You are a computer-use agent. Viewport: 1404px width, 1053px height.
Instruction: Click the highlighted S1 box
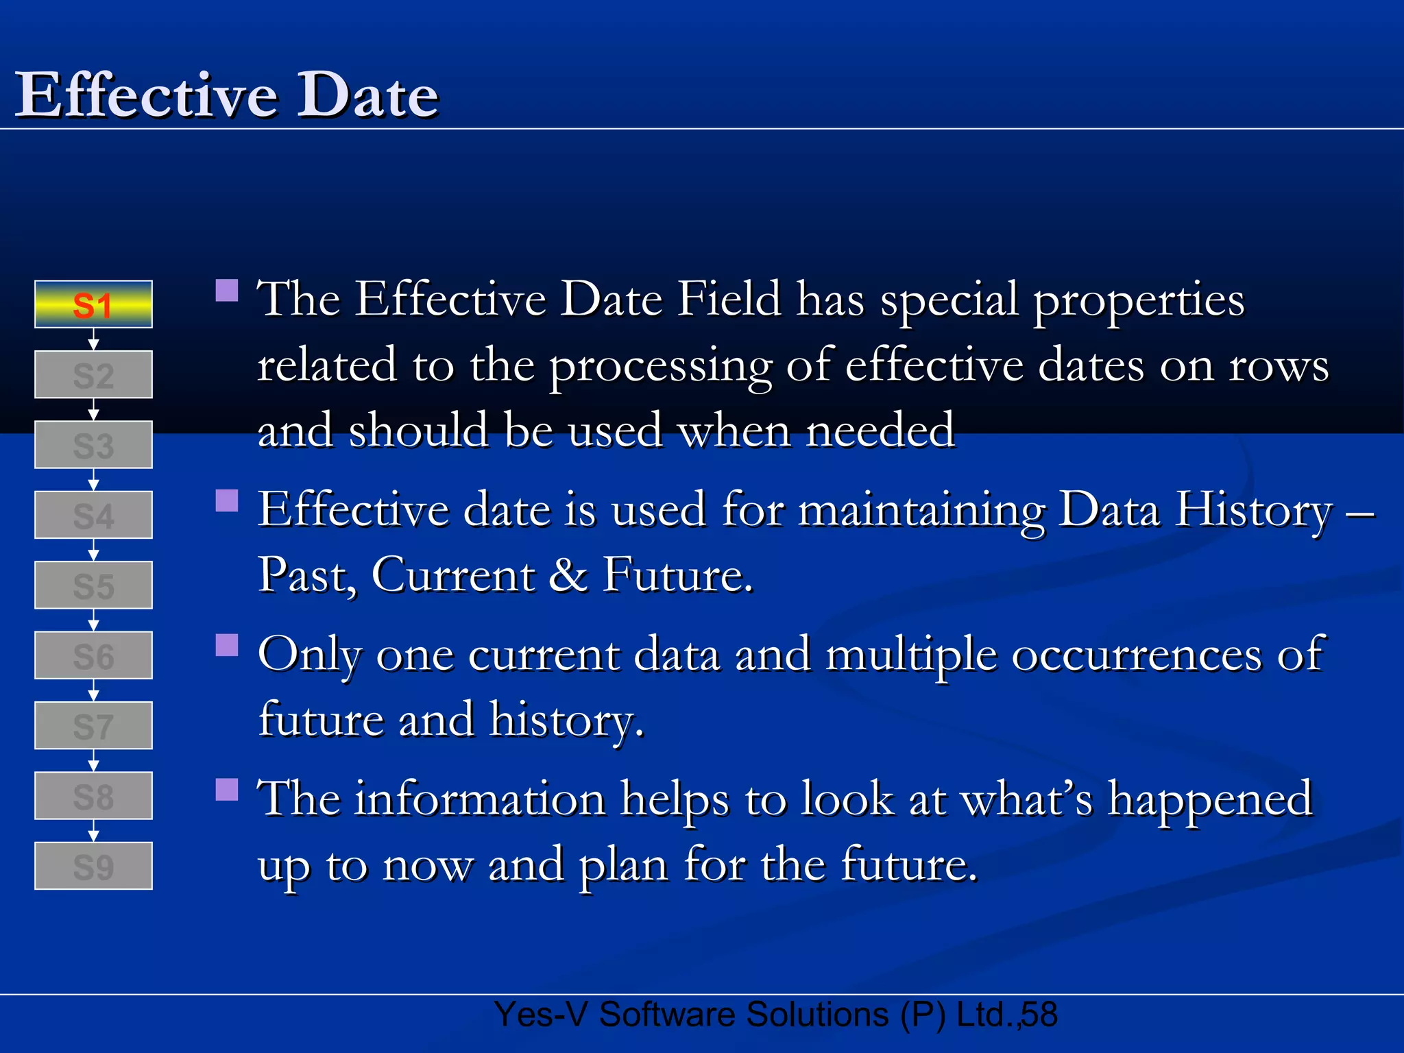coord(93,304)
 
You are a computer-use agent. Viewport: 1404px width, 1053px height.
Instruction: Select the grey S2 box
coord(93,375)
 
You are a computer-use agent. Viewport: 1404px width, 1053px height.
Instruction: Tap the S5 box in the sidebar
coord(93,585)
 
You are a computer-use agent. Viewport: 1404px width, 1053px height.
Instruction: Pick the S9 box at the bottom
coord(93,867)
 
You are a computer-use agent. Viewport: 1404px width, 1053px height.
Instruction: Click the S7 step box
coord(93,726)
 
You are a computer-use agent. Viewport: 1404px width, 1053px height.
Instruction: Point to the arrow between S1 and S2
coord(94,340)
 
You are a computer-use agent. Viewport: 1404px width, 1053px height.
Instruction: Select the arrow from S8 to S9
coord(94,831)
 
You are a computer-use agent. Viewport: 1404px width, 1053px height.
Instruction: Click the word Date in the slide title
coord(367,95)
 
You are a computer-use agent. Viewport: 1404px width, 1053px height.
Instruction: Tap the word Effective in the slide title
coord(146,95)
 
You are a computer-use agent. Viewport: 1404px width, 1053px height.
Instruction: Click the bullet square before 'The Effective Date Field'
coord(227,291)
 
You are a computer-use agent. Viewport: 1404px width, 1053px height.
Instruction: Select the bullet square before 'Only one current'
coord(227,645)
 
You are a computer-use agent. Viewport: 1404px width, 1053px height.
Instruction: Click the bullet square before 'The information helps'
coord(227,790)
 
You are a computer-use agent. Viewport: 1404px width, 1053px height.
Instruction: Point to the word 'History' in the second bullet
coord(1253,511)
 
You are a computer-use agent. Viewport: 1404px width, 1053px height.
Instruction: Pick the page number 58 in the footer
coord(1039,1015)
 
